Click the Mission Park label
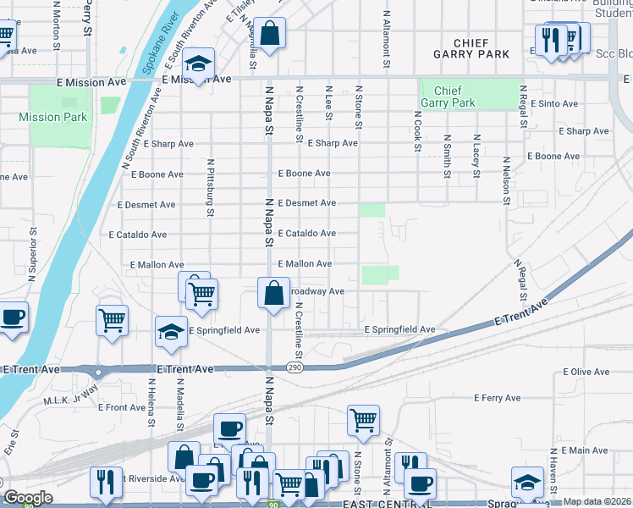pos(52,117)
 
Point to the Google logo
pos(27,497)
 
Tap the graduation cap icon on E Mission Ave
pos(198,64)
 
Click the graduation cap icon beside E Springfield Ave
pos(171,332)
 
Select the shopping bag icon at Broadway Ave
pos(273,294)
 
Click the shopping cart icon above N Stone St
pos(363,419)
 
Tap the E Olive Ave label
pos(586,372)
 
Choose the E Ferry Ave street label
pos(498,397)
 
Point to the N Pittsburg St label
pos(208,181)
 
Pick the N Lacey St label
pos(476,156)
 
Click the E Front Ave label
pos(123,407)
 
